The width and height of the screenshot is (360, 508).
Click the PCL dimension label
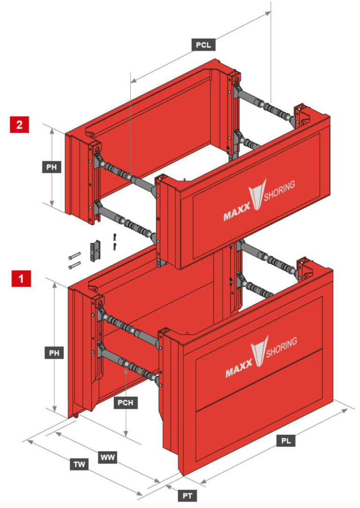[x=203, y=45]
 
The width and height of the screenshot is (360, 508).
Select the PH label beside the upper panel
[x=54, y=167]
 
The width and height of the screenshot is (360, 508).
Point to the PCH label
[x=126, y=402]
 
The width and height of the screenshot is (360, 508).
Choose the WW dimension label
[x=108, y=456]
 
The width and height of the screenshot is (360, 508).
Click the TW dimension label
[x=80, y=464]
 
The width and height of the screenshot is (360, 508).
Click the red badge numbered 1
[x=20, y=279]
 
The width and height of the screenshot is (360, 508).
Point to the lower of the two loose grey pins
[x=75, y=265]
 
